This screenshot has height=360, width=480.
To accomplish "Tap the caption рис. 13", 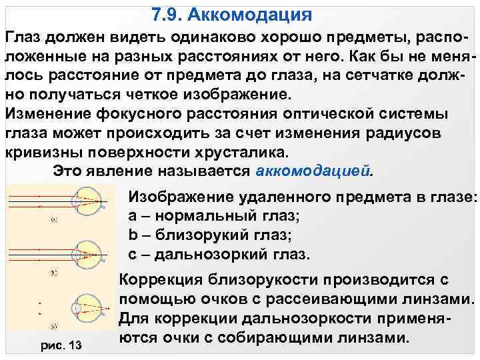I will [62, 344].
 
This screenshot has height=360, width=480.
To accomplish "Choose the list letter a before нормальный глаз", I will [131, 217].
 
